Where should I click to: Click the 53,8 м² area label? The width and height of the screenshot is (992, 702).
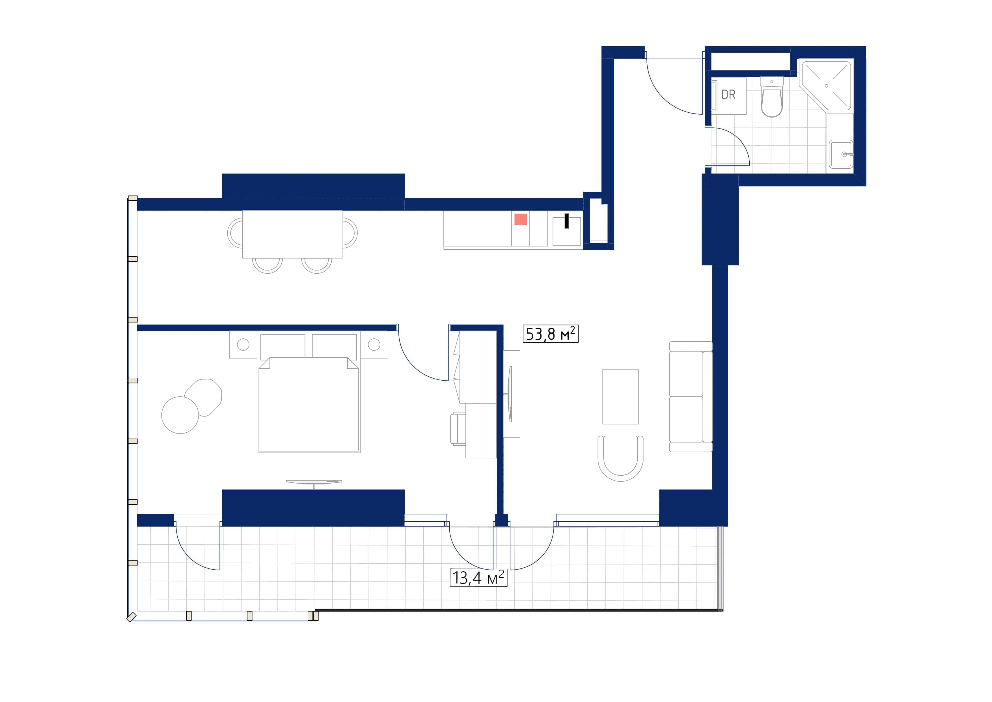click(550, 334)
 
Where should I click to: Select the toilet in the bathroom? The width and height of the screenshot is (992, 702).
click(771, 98)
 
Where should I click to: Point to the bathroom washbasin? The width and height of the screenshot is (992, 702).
click(840, 154)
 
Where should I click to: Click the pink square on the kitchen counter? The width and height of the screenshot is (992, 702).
click(520, 220)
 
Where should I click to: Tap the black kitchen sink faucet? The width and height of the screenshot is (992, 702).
click(566, 221)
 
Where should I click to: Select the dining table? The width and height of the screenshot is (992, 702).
click(292, 234)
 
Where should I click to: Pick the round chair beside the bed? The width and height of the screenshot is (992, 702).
click(180, 415)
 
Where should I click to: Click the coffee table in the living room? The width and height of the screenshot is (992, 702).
click(620, 396)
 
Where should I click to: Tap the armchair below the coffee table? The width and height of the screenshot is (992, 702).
click(620, 458)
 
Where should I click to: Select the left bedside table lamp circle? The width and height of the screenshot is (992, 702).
click(243, 345)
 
